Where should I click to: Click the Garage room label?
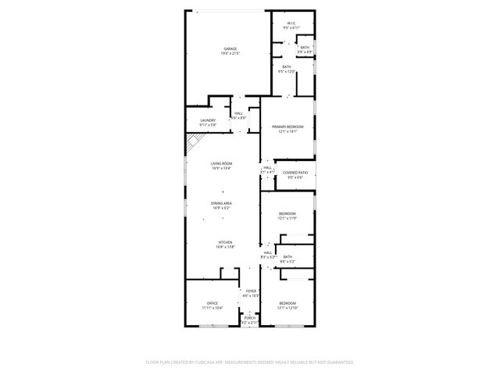[230, 48]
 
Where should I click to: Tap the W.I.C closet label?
[291, 23]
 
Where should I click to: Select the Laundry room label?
[207, 120]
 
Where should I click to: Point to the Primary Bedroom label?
[287, 127]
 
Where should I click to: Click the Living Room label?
[222, 163]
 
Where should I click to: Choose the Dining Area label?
[222, 203]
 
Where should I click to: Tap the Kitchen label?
[225, 242]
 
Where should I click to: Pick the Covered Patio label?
[295, 173]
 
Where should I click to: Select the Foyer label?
[251, 291]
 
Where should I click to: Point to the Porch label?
[249, 318]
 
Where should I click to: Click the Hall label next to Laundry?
[238, 113]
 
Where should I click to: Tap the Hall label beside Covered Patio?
[267, 167]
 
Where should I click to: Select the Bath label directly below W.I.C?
[287, 67]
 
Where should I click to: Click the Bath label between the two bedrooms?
[287, 257]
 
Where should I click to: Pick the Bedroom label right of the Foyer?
[287, 303]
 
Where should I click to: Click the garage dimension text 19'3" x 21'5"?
[230, 53]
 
